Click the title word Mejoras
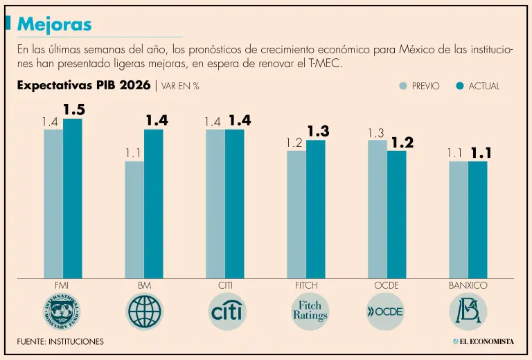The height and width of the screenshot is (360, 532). (x=54, y=24)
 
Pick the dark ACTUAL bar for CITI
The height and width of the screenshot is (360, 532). (x=234, y=204)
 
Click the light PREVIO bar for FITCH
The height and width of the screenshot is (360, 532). (x=296, y=214)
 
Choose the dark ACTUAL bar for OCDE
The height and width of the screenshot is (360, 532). (x=396, y=214)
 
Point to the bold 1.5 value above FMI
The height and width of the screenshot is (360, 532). (x=74, y=109)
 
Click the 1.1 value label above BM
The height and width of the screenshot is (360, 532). (x=134, y=152)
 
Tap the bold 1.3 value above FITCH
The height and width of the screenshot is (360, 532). (x=318, y=131)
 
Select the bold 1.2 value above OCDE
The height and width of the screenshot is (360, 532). (x=402, y=142)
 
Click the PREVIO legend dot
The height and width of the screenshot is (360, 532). (x=403, y=86)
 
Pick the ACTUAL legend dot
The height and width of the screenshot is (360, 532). (x=459, y=86)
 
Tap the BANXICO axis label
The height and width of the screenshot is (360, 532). (x=468, y=285)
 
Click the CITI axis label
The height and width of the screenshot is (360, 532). (x=224, y=285)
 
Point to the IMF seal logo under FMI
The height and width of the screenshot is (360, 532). (x=62, y=312)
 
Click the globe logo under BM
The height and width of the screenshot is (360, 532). (x=145, y=312)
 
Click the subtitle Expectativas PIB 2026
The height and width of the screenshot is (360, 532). (x=83, y=86)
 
